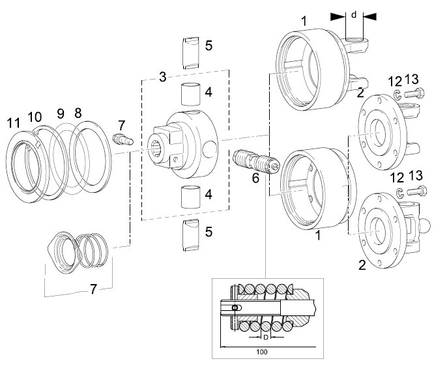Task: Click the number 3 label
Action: coord(162,77)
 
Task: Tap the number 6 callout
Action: coord(255,178)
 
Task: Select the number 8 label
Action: coord(78,113)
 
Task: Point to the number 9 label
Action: coord(61,113)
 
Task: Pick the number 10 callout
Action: coord(35,117)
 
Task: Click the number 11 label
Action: coord(14,123)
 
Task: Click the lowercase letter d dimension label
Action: coord(354,14)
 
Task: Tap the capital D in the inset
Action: coord(265,338)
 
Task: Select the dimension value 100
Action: coord(262,352)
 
